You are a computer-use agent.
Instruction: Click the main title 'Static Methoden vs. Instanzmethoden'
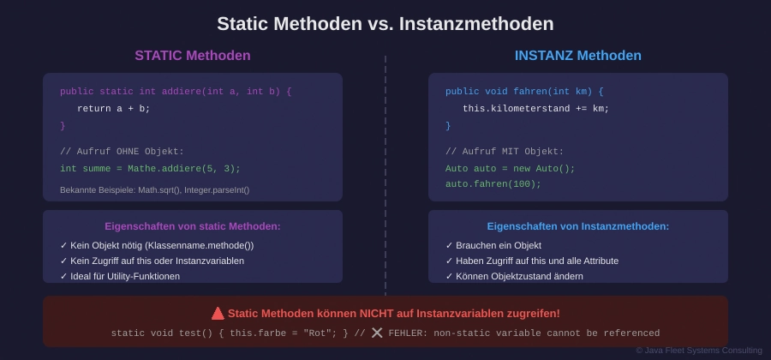point(385,24)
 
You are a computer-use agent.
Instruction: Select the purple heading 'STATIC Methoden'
point(193,56)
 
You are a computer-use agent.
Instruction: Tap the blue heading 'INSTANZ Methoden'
point(577,56)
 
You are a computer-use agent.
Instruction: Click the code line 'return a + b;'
point(114,109)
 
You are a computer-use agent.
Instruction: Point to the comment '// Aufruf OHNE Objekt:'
point(122,152)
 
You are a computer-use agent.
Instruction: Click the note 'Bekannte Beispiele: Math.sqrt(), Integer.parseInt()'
point(155,189)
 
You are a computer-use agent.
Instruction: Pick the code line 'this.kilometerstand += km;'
point(536,109)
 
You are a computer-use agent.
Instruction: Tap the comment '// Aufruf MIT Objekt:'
point(505,152)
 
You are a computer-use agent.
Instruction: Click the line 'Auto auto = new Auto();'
point(511,169)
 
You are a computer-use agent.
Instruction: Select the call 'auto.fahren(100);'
point(493,184)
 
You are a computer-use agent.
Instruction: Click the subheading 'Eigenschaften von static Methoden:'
point(193,227)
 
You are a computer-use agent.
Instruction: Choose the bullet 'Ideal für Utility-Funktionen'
point(120,276)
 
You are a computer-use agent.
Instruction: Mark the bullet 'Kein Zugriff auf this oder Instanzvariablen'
point(152,261)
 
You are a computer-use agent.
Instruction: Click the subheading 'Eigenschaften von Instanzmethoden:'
point(578,227)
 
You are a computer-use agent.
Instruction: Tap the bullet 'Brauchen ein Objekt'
point(493,245)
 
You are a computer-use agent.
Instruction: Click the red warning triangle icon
point(218,313)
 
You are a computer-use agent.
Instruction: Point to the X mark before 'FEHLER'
point(377,333)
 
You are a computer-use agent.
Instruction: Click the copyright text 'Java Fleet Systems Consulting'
point(699,351)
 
